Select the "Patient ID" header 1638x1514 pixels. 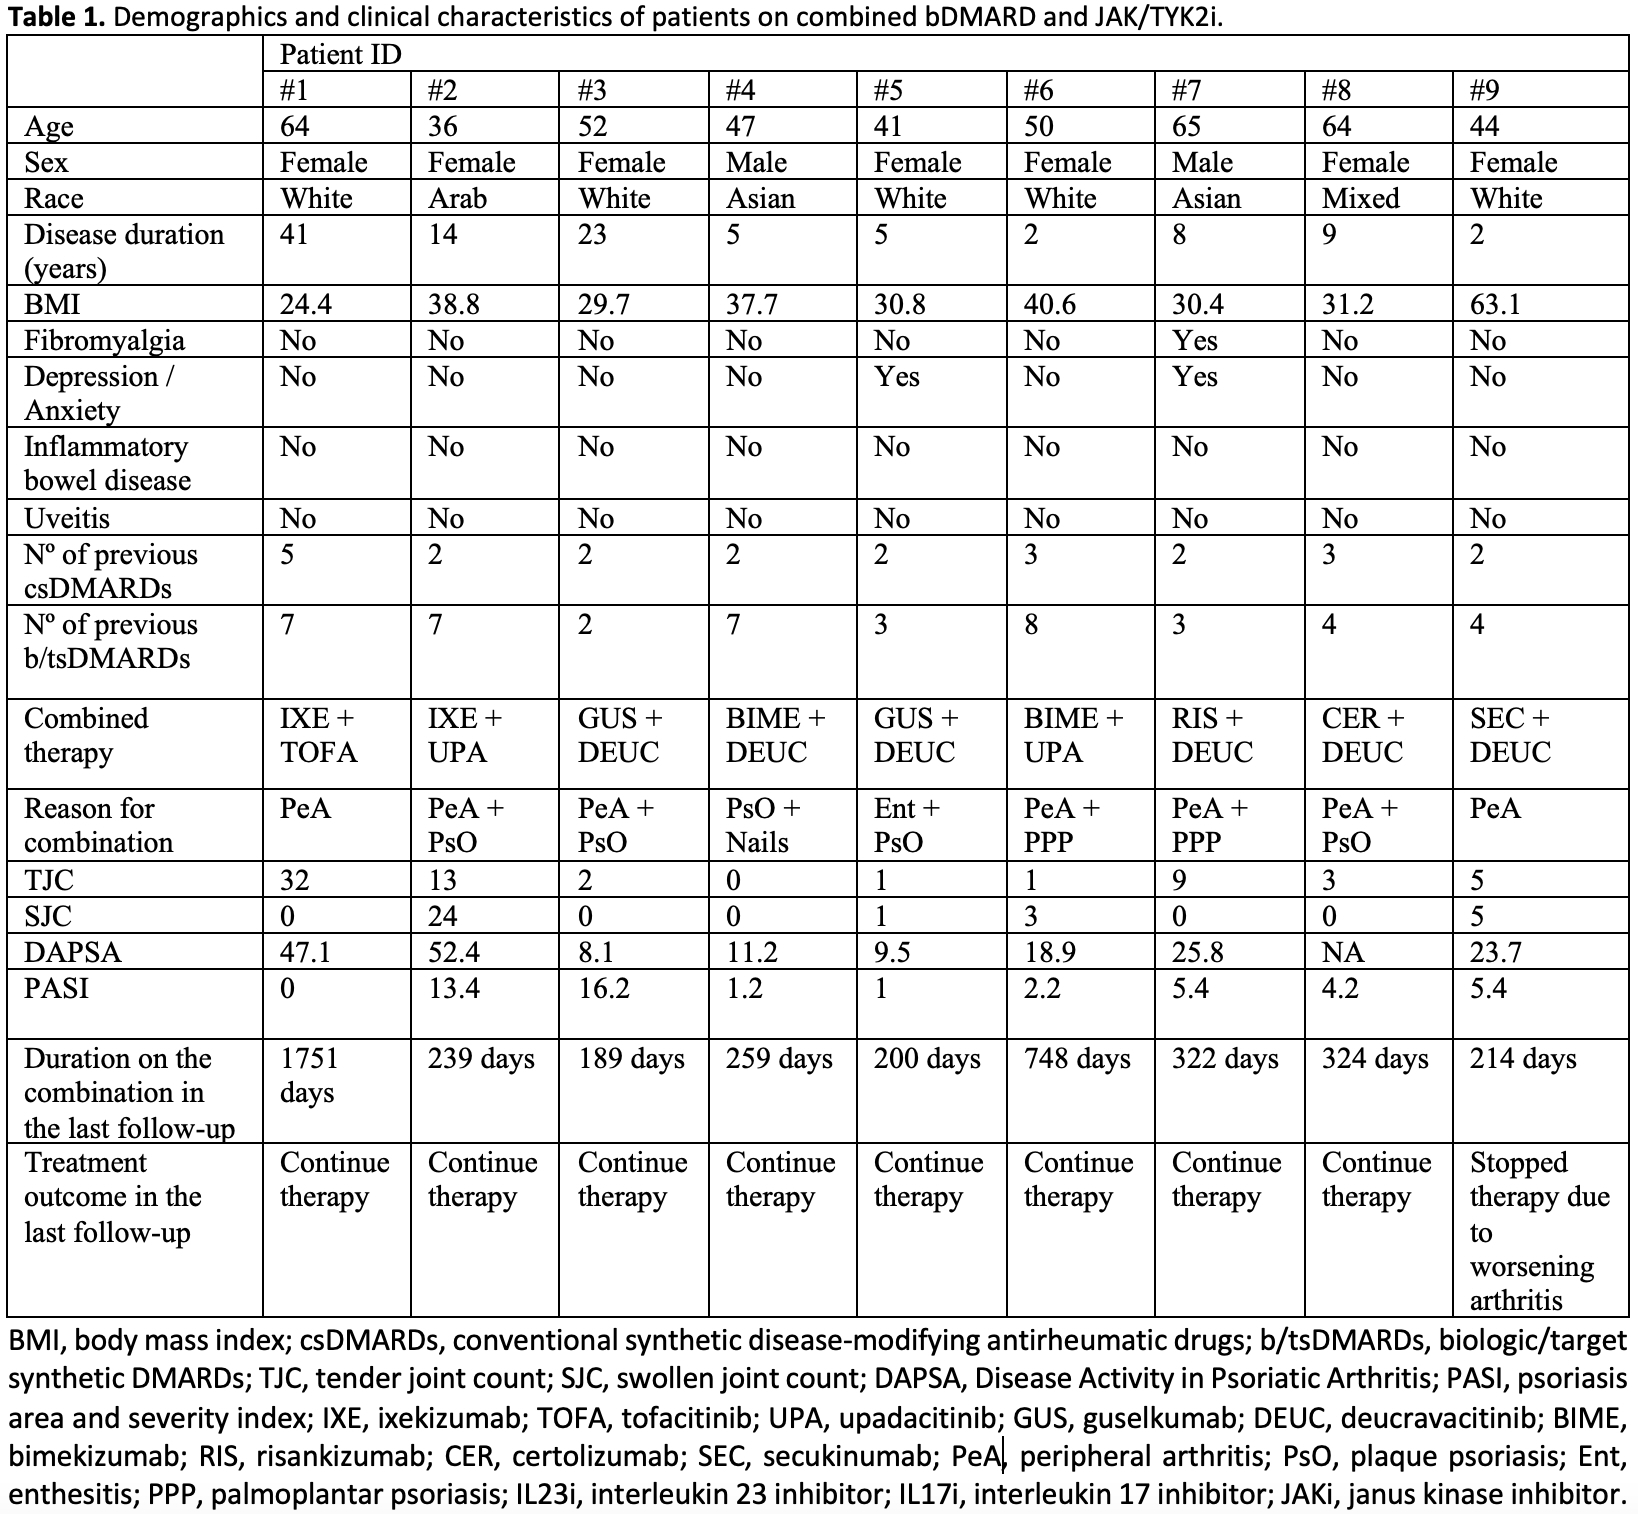340,54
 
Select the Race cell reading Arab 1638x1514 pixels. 457,198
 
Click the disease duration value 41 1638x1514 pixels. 295,234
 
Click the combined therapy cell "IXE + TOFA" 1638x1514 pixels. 318,735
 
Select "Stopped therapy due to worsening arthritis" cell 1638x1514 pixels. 1538,1231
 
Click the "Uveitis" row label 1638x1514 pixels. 66,518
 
